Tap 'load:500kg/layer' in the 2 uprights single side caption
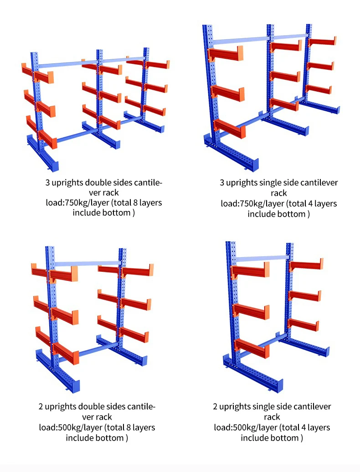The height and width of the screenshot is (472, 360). tap(240, 427)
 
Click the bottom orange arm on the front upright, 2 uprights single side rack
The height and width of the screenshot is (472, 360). tap(251, 348)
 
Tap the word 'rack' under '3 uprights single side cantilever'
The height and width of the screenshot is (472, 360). tap(278, 193)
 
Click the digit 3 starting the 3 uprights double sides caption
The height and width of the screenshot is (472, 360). tap(47, 183)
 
